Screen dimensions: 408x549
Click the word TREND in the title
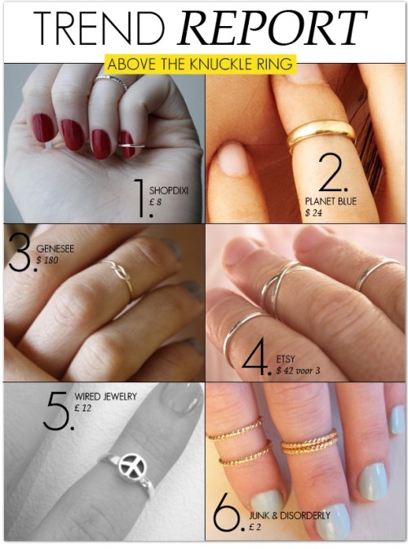(100, 28)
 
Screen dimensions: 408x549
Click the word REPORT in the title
(273, 28)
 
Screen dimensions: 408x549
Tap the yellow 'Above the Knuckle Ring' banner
(200, 64)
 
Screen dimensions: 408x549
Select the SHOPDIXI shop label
(169, 191)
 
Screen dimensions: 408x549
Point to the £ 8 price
(155, 203)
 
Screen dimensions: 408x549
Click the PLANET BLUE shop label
(330, 201)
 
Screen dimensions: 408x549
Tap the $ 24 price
(313, 212)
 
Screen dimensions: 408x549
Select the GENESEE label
(55, 248)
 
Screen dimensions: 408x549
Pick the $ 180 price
(47, 260)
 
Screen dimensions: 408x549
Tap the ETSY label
(286, 359)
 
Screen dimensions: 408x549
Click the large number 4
(255, 360)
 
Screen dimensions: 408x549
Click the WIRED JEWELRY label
(105, 397)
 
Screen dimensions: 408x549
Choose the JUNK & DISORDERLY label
(290, 515)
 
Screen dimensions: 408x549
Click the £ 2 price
(255, 527)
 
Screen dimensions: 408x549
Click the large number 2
(331, 172)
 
